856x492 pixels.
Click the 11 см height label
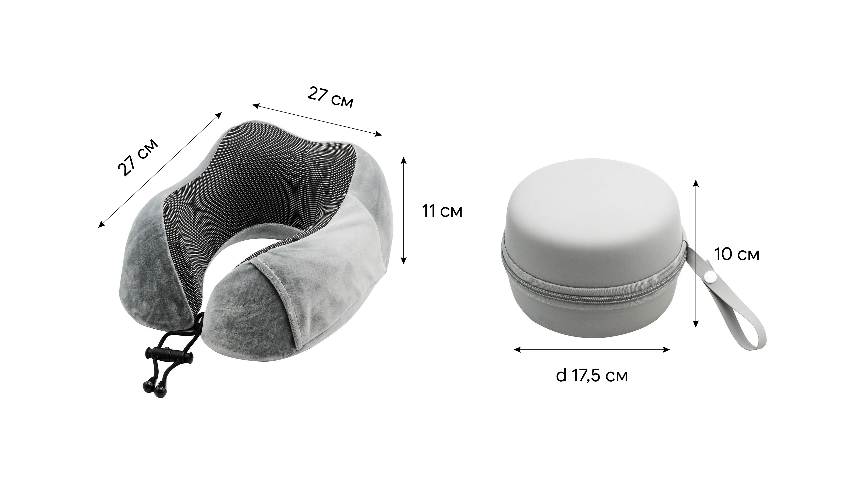(x=442, y=212)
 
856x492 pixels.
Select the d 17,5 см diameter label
(x=592, y=375)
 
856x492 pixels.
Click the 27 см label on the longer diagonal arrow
(x=138, y=157)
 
